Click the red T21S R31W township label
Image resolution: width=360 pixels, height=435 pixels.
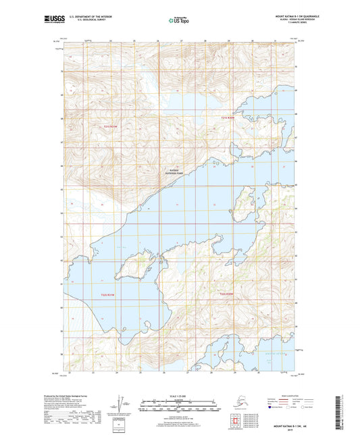(x=110, y=126)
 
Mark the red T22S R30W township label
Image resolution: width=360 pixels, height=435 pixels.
(x=228, y=295)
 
